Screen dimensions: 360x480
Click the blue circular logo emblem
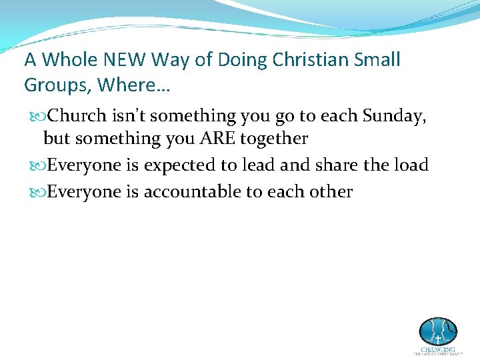(x=438, y=331)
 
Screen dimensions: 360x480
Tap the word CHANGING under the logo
(x=438, y=349)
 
